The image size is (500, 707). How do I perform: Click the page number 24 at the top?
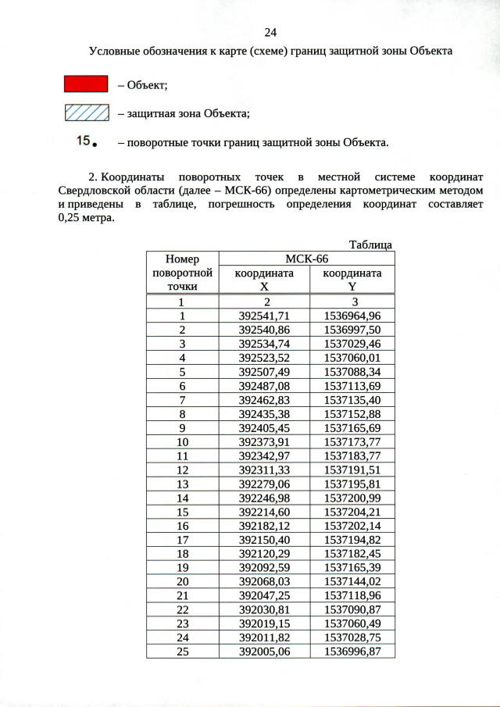coord(271,32)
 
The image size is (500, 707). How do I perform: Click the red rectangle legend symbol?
coord(85,84)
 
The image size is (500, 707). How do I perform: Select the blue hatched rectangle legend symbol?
coord(85,113)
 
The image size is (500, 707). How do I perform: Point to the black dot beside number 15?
coord(95,145)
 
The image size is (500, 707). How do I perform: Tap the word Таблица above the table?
coord(370,245)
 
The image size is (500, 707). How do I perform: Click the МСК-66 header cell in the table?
coord(306,259)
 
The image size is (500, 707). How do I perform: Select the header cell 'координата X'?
coord(264,280)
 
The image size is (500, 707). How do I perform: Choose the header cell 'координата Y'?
coord(352,280)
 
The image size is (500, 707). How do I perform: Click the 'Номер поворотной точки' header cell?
coord(182,273)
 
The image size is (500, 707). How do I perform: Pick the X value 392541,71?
coord(264,316)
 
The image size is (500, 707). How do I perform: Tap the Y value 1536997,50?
coord(352,330)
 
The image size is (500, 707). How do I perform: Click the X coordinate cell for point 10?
coord(264,441)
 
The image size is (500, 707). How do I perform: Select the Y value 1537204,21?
coord(352,512)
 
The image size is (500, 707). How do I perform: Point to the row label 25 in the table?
coord(182,652)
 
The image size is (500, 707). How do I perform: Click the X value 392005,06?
coord(264,652)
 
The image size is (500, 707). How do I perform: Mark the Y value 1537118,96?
coord(352,595)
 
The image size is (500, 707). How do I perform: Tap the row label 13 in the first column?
coord(182,484)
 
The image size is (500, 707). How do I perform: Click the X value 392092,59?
coord(264,567)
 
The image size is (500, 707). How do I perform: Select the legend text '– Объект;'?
coord(143,85)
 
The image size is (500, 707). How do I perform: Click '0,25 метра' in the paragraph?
coord(86,218)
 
